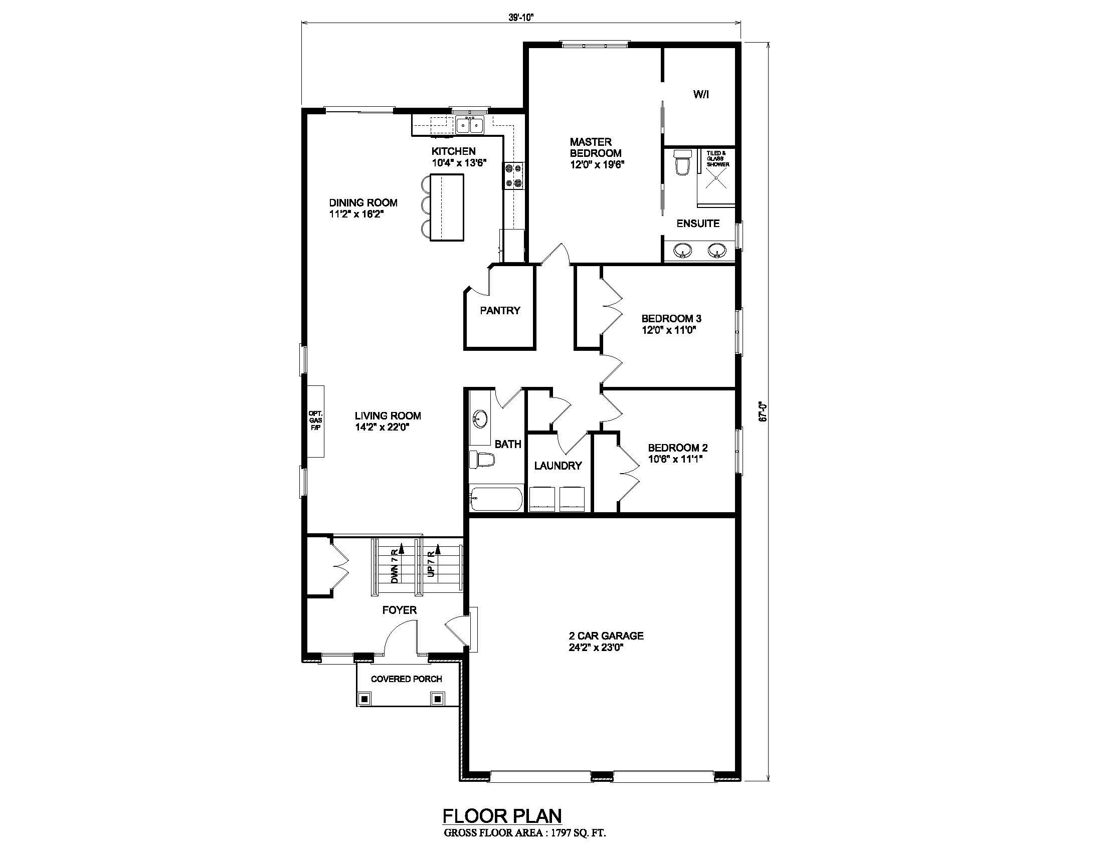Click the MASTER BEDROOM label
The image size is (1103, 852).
[x=596, y=147]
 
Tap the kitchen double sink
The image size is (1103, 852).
[x=470, y=124]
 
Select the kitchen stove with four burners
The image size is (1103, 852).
[x=514, y=175]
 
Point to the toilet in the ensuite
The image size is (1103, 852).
[x=682, y=162]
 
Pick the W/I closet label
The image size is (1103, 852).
[x=700, y=94]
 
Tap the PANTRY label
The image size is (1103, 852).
[x=500, y=310]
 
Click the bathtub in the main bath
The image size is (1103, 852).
[x=495, y=499]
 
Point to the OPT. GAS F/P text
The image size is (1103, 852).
[x=316, y=420]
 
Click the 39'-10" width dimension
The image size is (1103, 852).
[x=521, y=17]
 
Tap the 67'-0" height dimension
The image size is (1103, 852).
[x=763, y=411]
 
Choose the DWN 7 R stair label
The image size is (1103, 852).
[x=395, y=567]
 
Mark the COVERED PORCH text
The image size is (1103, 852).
[x=407, y=679]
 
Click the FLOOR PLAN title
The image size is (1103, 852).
[x=502, y=815]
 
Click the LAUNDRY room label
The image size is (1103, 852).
[x=558, y=466]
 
